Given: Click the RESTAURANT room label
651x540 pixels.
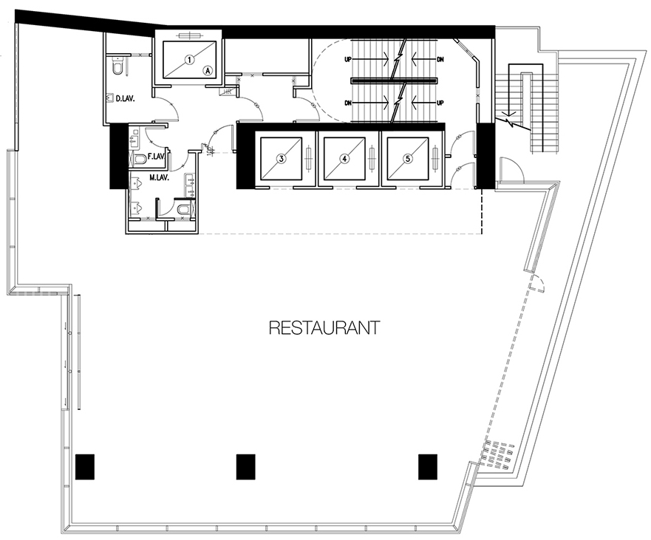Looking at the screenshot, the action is coord(324,327).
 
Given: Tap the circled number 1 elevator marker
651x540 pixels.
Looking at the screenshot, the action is coord(189,60).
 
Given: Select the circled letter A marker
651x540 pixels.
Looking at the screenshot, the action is coord(208,71).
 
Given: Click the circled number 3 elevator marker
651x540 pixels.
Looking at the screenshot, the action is coord(281,158).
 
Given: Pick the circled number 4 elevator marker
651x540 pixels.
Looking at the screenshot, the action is coord(344,158).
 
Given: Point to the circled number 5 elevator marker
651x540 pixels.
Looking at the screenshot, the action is coord(408,158).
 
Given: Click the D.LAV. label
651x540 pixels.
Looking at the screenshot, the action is coord(125,99).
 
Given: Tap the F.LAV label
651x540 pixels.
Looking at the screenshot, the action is coord(157,157).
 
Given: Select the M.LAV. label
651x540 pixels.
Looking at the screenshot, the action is coord(159,177).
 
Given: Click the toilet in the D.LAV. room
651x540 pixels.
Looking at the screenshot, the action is coord(118,66).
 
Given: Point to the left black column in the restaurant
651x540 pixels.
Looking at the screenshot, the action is coord(85,467).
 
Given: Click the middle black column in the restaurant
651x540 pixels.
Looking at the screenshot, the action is coord(246,467).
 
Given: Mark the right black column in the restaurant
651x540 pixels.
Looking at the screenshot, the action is coord(428,467).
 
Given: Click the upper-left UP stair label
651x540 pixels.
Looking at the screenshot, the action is coord(348,59).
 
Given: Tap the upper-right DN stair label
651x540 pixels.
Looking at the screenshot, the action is coord(440,59).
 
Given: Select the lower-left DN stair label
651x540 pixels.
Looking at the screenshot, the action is coord(348,103).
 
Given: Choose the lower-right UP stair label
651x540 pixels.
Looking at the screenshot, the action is coord(440,103).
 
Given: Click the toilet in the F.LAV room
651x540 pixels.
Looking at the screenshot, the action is coord(140,158).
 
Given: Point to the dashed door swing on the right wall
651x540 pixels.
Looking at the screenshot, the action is coord(538,284).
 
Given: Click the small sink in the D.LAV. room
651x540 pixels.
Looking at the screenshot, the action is coord(110,98).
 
